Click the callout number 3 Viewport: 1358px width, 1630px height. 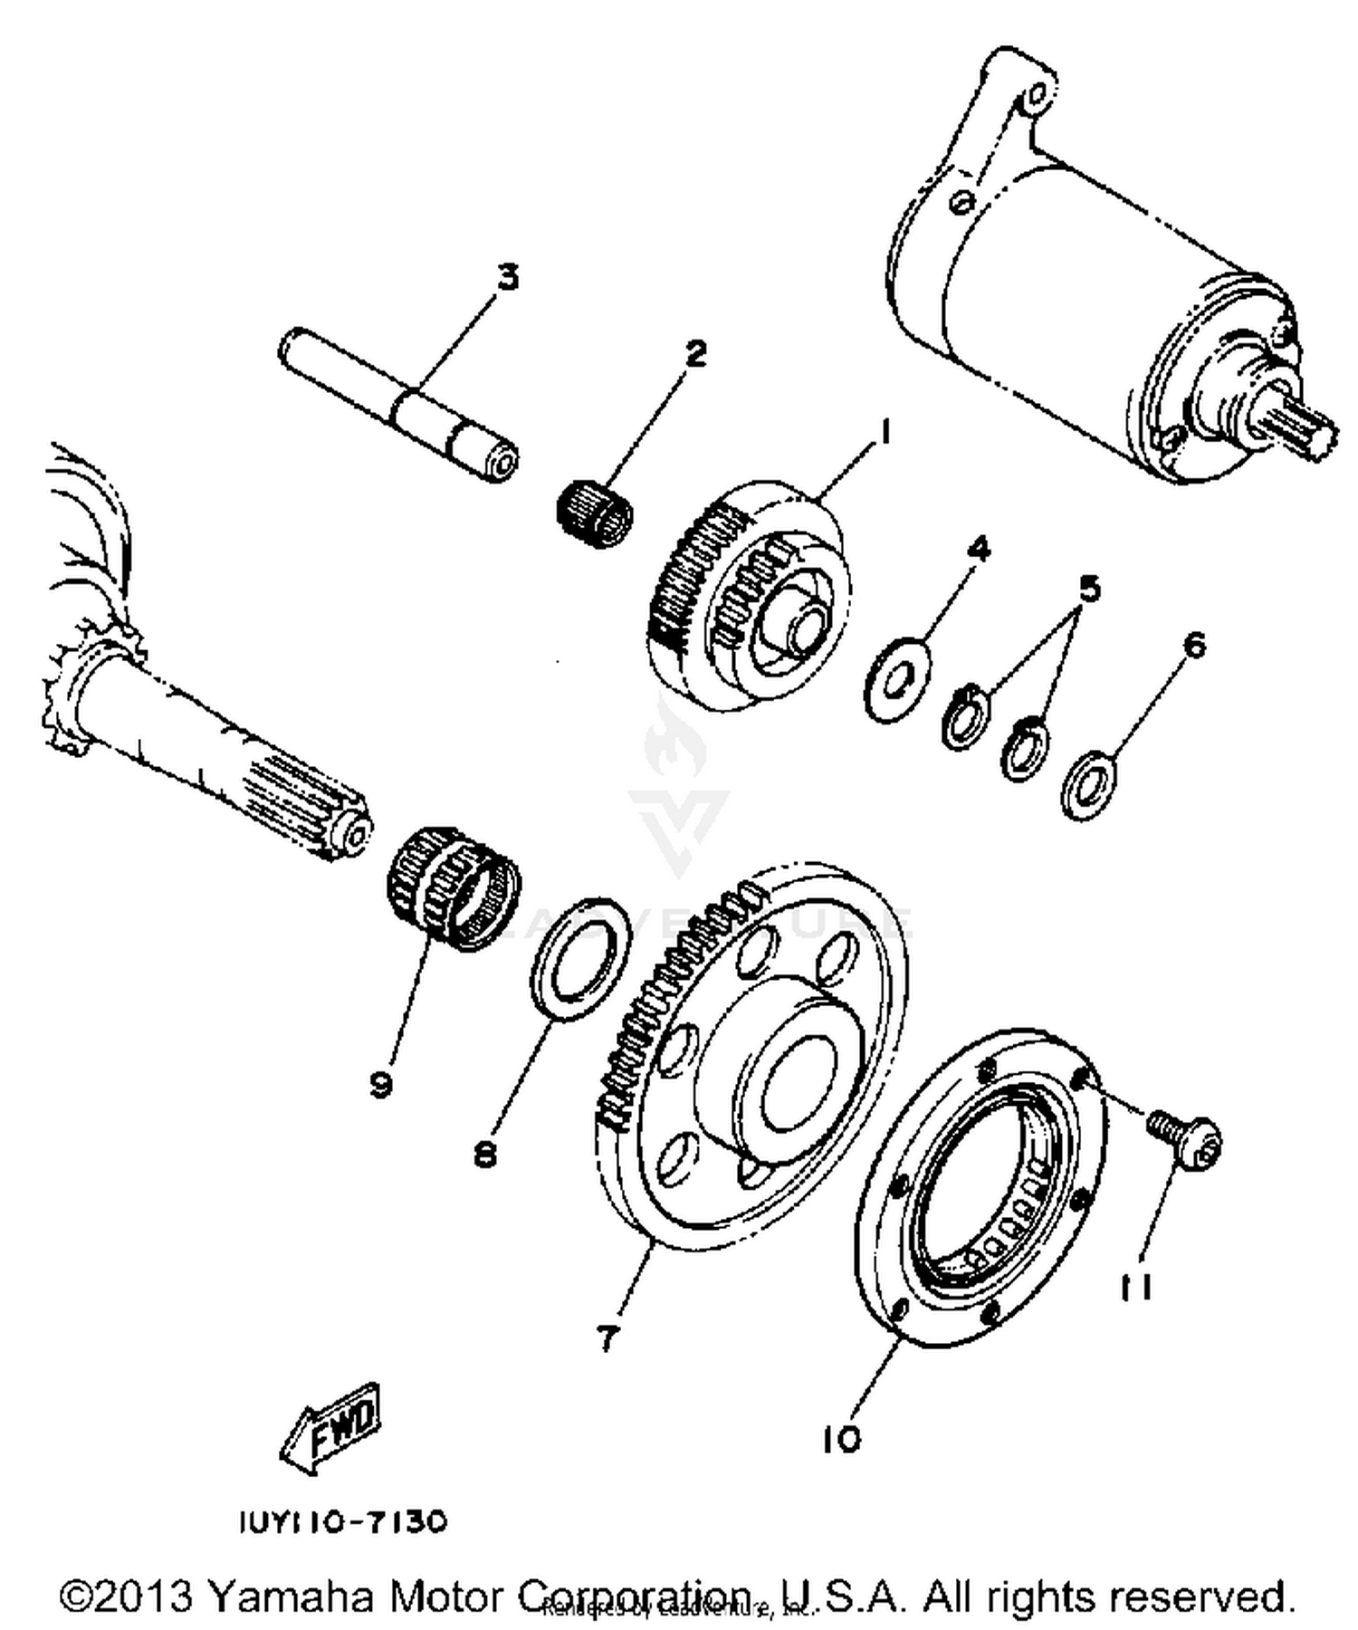click(x=509, y=277)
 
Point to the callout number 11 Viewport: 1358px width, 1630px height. click(x=1135, y=1287)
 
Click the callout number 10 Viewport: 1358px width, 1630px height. click(x=842, y=1438)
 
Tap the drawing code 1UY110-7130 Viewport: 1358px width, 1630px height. click(x=343, y=1521)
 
